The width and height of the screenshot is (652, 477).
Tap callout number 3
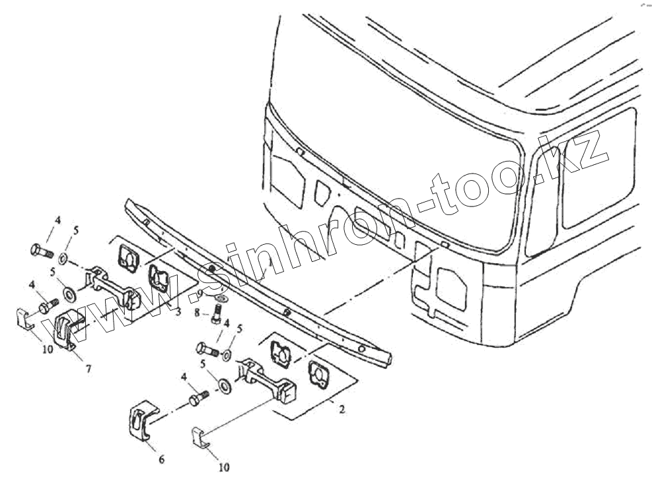tap(178, 310)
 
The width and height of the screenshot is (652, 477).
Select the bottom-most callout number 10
tap(223, 467)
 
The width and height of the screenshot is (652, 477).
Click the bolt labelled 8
tap(215, 317)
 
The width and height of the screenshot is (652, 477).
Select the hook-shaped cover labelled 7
tap(68, 329)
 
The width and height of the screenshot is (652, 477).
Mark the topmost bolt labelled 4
tap(42, 251)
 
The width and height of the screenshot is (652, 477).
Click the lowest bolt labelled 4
tap(198, 399)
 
